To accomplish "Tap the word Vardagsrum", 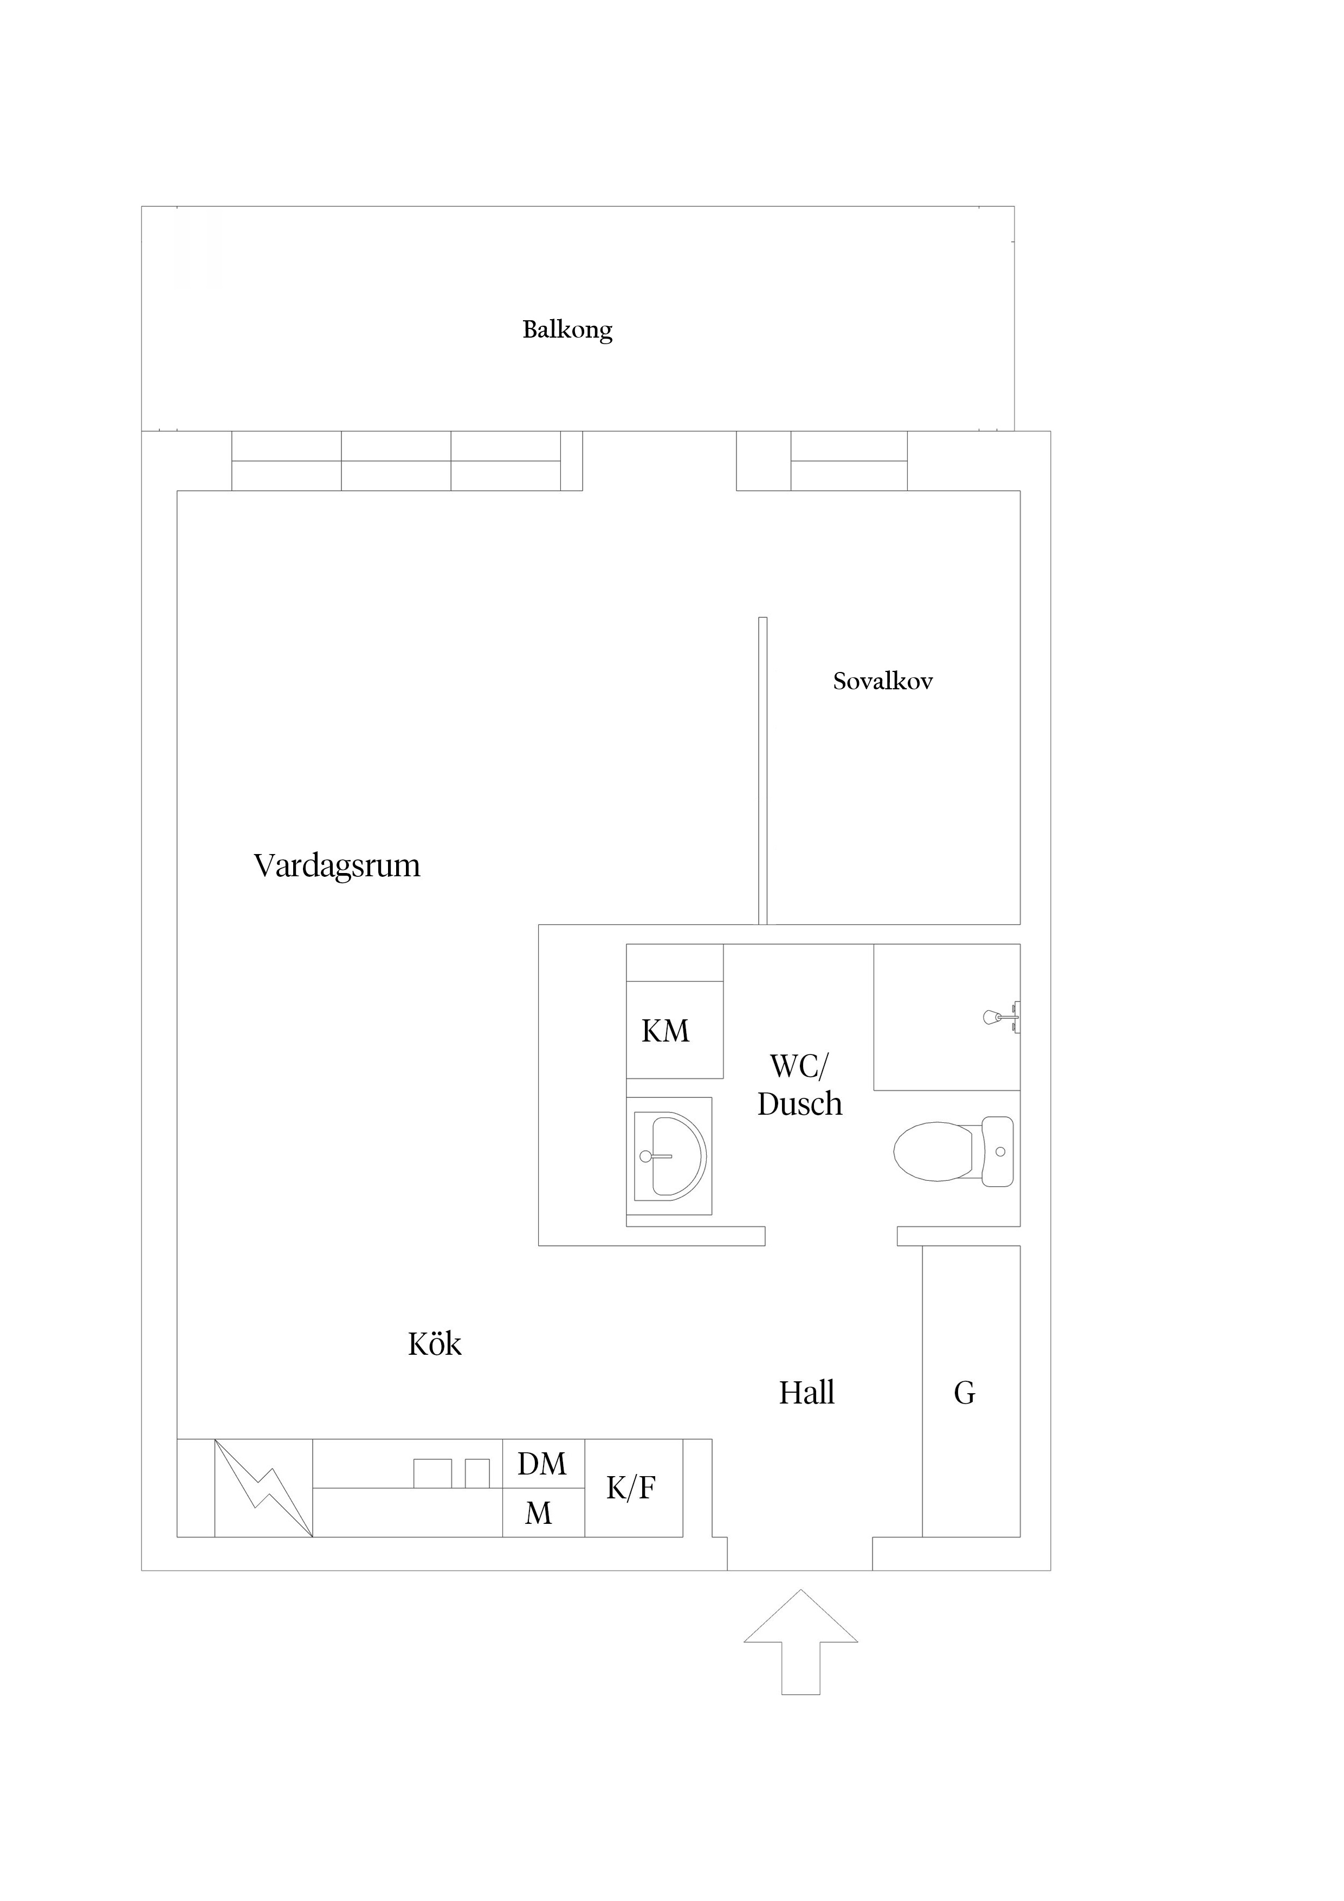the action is click(x=337, y=866).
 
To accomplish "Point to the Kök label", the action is click(x=435, y=1344).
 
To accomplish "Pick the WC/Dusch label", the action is click(x=800, y=1085).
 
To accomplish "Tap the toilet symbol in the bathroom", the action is click(x=954, y=1151).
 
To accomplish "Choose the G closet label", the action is click(x=965, y=1393).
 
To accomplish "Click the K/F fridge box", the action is click(x=634, y=1488).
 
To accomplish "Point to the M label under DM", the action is click(x=538, y=1514).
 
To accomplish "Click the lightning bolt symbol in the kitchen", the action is click(x=263, y=1488).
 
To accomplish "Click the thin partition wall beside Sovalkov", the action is click(x=763, y=770).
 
